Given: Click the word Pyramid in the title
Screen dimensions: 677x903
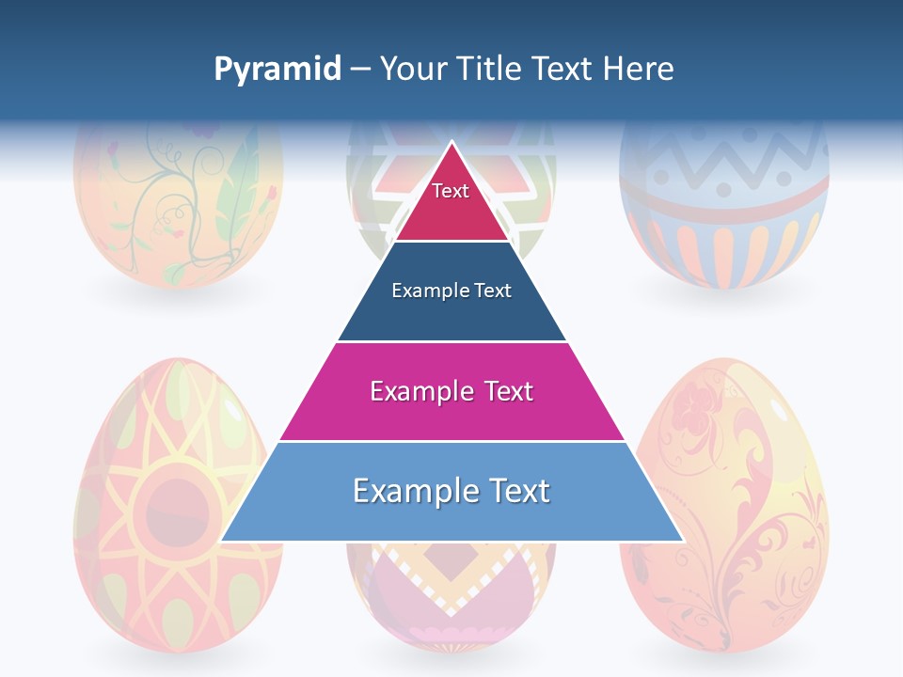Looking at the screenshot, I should pyautogui.click(x=277, y=70).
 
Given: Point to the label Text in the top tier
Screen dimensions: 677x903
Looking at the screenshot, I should pyautogui.click(x=451, y=191).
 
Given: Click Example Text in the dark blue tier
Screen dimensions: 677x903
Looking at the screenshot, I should pyautogui.click(x=451, y=291).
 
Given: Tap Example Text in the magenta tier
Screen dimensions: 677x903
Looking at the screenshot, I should pyautogui.click(x=451, y=391).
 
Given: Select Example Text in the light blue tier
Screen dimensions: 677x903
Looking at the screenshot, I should pyautogui.click(x=451, y=491).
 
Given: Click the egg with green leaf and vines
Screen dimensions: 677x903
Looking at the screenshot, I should pyautogui.click(x=178, y=207).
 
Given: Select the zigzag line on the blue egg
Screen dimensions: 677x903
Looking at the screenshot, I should pyautogui.click(x=724, y=160).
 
